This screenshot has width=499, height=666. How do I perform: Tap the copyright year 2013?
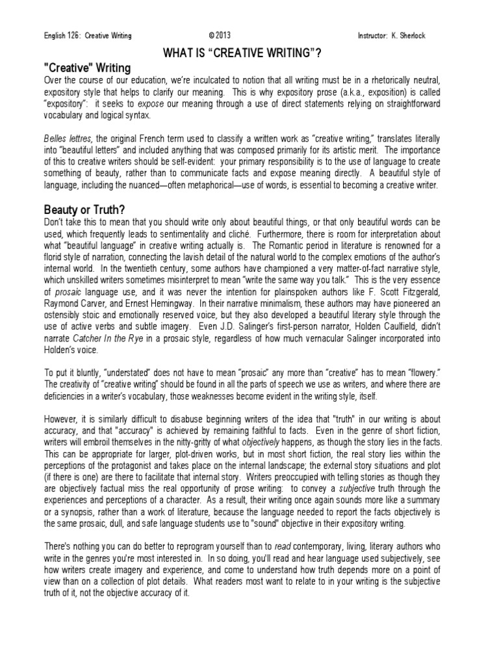point(221,35)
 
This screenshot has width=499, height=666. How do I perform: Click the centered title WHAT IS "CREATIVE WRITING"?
point(249,52)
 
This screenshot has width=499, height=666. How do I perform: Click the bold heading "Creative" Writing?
point(87,68)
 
